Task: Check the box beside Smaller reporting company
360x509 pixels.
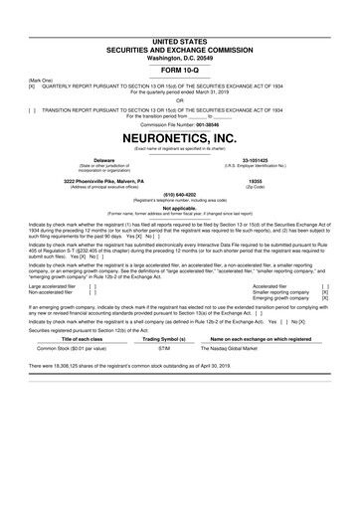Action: pyautogui.click(x=325, y=291)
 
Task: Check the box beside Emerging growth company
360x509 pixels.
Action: pyautogui.click(x=325, y=298)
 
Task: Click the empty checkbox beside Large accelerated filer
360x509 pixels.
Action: pyautogui.click(x=92, y=284)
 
